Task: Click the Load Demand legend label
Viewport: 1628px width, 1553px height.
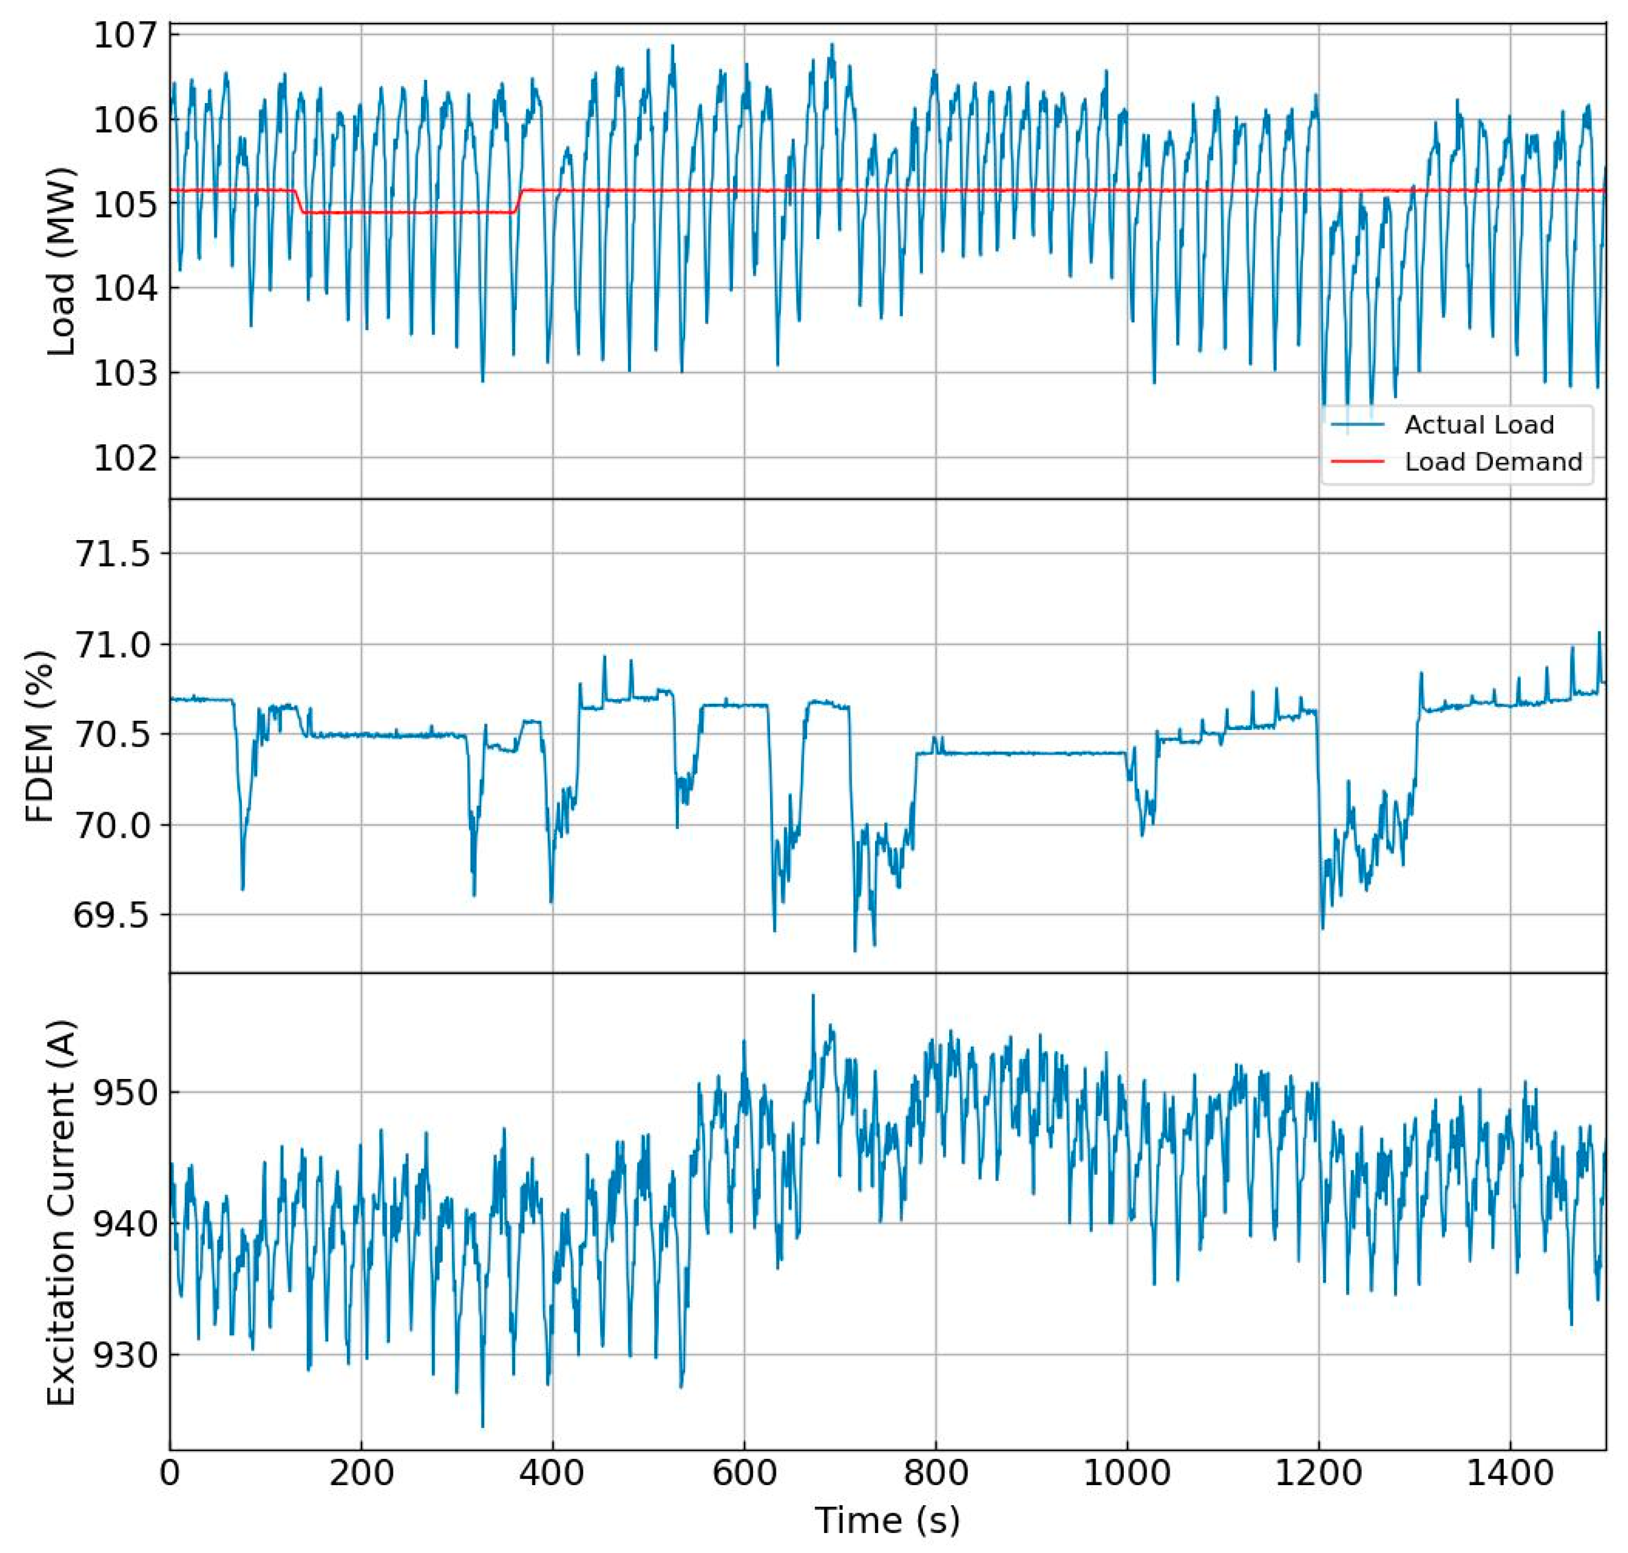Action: [x=1492, y=462]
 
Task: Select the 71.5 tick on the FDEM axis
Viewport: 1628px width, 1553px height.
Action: [x=114, y=553]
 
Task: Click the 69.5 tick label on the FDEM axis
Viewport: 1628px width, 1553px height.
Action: [x=114, y=915]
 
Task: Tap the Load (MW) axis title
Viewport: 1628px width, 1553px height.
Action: [x=61, y=261]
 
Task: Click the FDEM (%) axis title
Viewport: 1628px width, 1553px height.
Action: [x=40, y=735]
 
